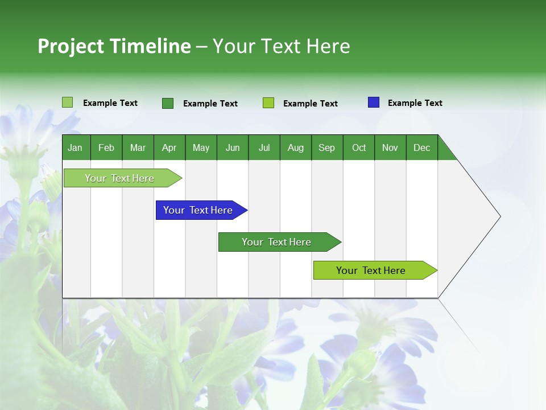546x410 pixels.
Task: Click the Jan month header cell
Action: [x=76, y=147]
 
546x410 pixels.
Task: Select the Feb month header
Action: [x=106, y=147]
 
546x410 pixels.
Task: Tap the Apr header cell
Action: [x=169, y=147]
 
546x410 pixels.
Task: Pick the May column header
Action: [x=201, y=147]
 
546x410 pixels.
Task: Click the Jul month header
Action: [x=264, y=147]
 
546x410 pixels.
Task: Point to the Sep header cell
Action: [x=326, y=147]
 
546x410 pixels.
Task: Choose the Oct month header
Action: [x=359, y=147]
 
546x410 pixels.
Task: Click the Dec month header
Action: [x=421, y=147]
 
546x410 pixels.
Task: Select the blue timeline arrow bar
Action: [x=198, y=210]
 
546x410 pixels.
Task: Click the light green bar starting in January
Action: [x=119, y=178]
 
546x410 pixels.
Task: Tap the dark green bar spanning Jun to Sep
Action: [x=276, y=242]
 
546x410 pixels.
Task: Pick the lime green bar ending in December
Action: [x=371, y=270]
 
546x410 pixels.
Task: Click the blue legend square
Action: [x=374, y=102]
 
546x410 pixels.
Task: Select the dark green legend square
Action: [x=168, y=103]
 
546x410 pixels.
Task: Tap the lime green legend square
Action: [x=268, y=103]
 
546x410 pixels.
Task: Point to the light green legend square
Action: [x=68, y=102]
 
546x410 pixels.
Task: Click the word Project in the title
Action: [x=71, y=47]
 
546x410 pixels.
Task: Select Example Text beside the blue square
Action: [x=415, y=103]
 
